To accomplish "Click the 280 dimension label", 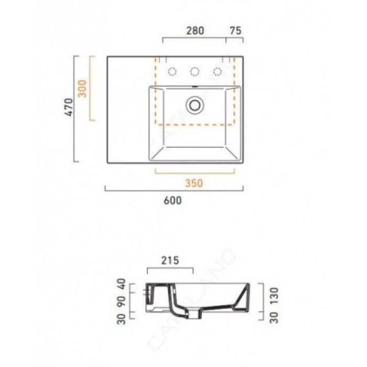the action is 195,30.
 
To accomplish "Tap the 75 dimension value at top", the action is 235,30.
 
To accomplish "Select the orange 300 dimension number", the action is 82,89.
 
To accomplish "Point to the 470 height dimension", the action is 69,107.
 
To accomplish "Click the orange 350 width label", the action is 194,183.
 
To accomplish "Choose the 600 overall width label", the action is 172,201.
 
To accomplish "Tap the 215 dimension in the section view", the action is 170,261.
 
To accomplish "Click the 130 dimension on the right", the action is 274,296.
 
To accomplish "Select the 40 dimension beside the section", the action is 121,284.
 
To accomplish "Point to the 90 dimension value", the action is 121,302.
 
